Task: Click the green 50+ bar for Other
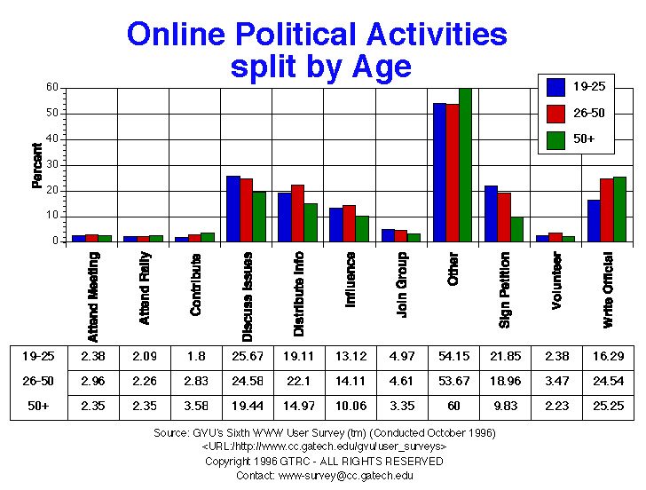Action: pos(465,165)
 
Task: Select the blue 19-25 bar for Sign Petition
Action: pos(491,213)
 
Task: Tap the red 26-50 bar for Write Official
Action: pos(606,209)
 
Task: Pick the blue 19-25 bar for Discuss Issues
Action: pos(233,209)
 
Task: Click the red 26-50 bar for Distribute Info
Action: pos(297,213)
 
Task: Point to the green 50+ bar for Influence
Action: pos(362,228)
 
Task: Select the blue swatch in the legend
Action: pos(556,87)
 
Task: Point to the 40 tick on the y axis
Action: pos(52,139)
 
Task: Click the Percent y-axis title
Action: pos(37,165)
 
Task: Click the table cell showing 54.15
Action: pos(452,356)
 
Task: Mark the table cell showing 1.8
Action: pos(194,356)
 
